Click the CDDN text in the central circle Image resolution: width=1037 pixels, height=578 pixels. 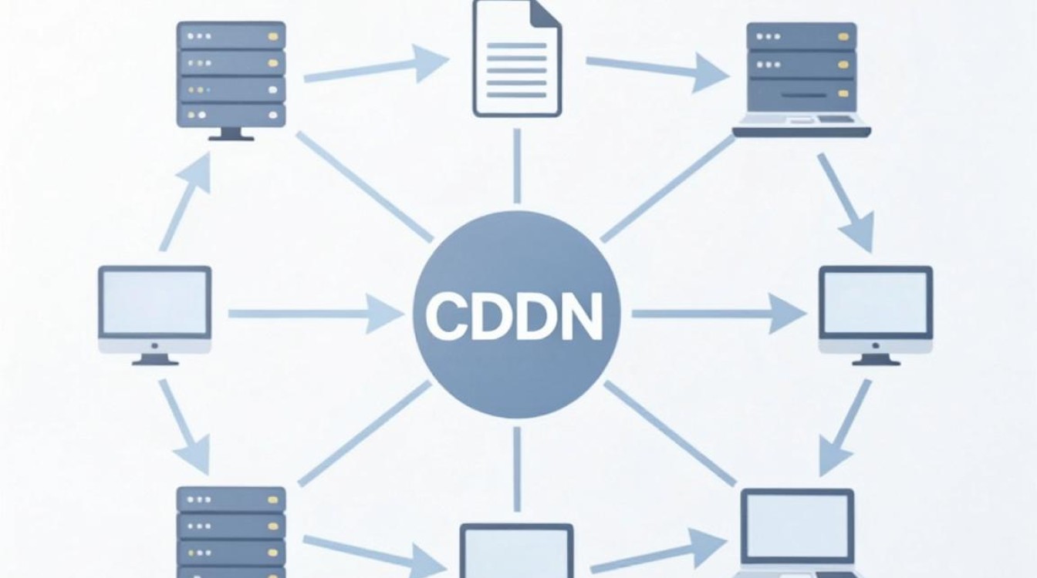[515, 316]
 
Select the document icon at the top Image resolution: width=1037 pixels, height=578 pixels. [517, 59]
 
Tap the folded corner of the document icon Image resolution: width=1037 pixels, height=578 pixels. [546, 13]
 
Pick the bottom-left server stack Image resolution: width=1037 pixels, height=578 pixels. [231, 532]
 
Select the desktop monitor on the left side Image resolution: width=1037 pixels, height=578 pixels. [154, 315]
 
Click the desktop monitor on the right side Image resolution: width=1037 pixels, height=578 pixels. [876, 315]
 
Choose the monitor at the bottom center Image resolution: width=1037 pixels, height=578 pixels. [517, 551]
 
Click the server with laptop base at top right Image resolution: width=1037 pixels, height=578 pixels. [802, 79]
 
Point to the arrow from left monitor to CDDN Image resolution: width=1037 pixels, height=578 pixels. [316, 314]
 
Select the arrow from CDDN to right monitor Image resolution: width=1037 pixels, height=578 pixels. [718, 314]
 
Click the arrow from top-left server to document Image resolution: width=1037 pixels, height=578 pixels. [377, 65]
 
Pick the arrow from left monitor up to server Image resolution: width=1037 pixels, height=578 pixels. [186, 202]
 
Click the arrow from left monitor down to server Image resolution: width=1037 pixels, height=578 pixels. [185, 426]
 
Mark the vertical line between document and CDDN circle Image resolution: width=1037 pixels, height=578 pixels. [517, 166]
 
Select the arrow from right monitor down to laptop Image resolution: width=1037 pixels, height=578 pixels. [846, 427]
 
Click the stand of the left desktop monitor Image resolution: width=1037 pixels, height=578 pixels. [154, 360]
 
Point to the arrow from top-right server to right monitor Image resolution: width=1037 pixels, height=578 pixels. [846, 203]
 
